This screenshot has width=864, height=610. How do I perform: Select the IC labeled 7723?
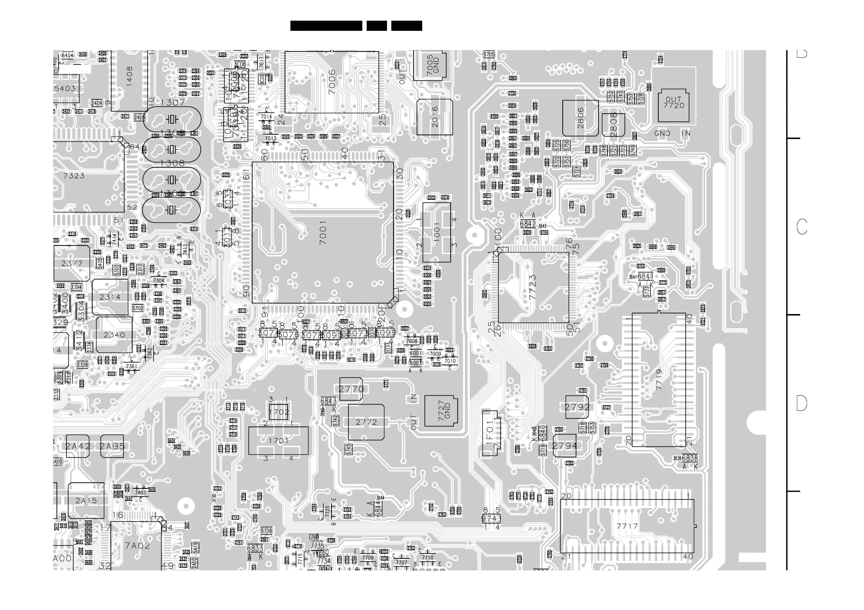(x=533, y=288)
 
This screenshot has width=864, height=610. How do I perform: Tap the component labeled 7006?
(x=331, y=82)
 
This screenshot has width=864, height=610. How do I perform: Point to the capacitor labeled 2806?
(x=580, y=118)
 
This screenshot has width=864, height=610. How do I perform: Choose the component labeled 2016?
(x=435, y=117)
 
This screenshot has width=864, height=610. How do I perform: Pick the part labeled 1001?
(x=436, y=232)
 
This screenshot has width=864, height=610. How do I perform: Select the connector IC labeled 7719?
(x=659, y=380)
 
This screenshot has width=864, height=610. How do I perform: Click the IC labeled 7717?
(x=627, y=526)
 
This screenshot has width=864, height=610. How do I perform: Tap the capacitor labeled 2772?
(x=366, y=423)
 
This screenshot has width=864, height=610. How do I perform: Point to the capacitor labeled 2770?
(x=351, y=389)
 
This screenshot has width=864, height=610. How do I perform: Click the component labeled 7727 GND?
(x=441, y=411)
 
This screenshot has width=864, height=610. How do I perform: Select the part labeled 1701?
(x=278, y=441)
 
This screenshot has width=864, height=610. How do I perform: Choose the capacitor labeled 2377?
(x=72, y=263)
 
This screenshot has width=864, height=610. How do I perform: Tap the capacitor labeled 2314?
(x=110, y=297)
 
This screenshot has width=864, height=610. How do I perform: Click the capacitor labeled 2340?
(x=114, y=335)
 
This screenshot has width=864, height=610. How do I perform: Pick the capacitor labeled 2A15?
(x=86, y=500)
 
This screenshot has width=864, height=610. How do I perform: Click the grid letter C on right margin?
(x=802, y=227)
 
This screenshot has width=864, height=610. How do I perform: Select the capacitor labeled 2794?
(x=565, y=446)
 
